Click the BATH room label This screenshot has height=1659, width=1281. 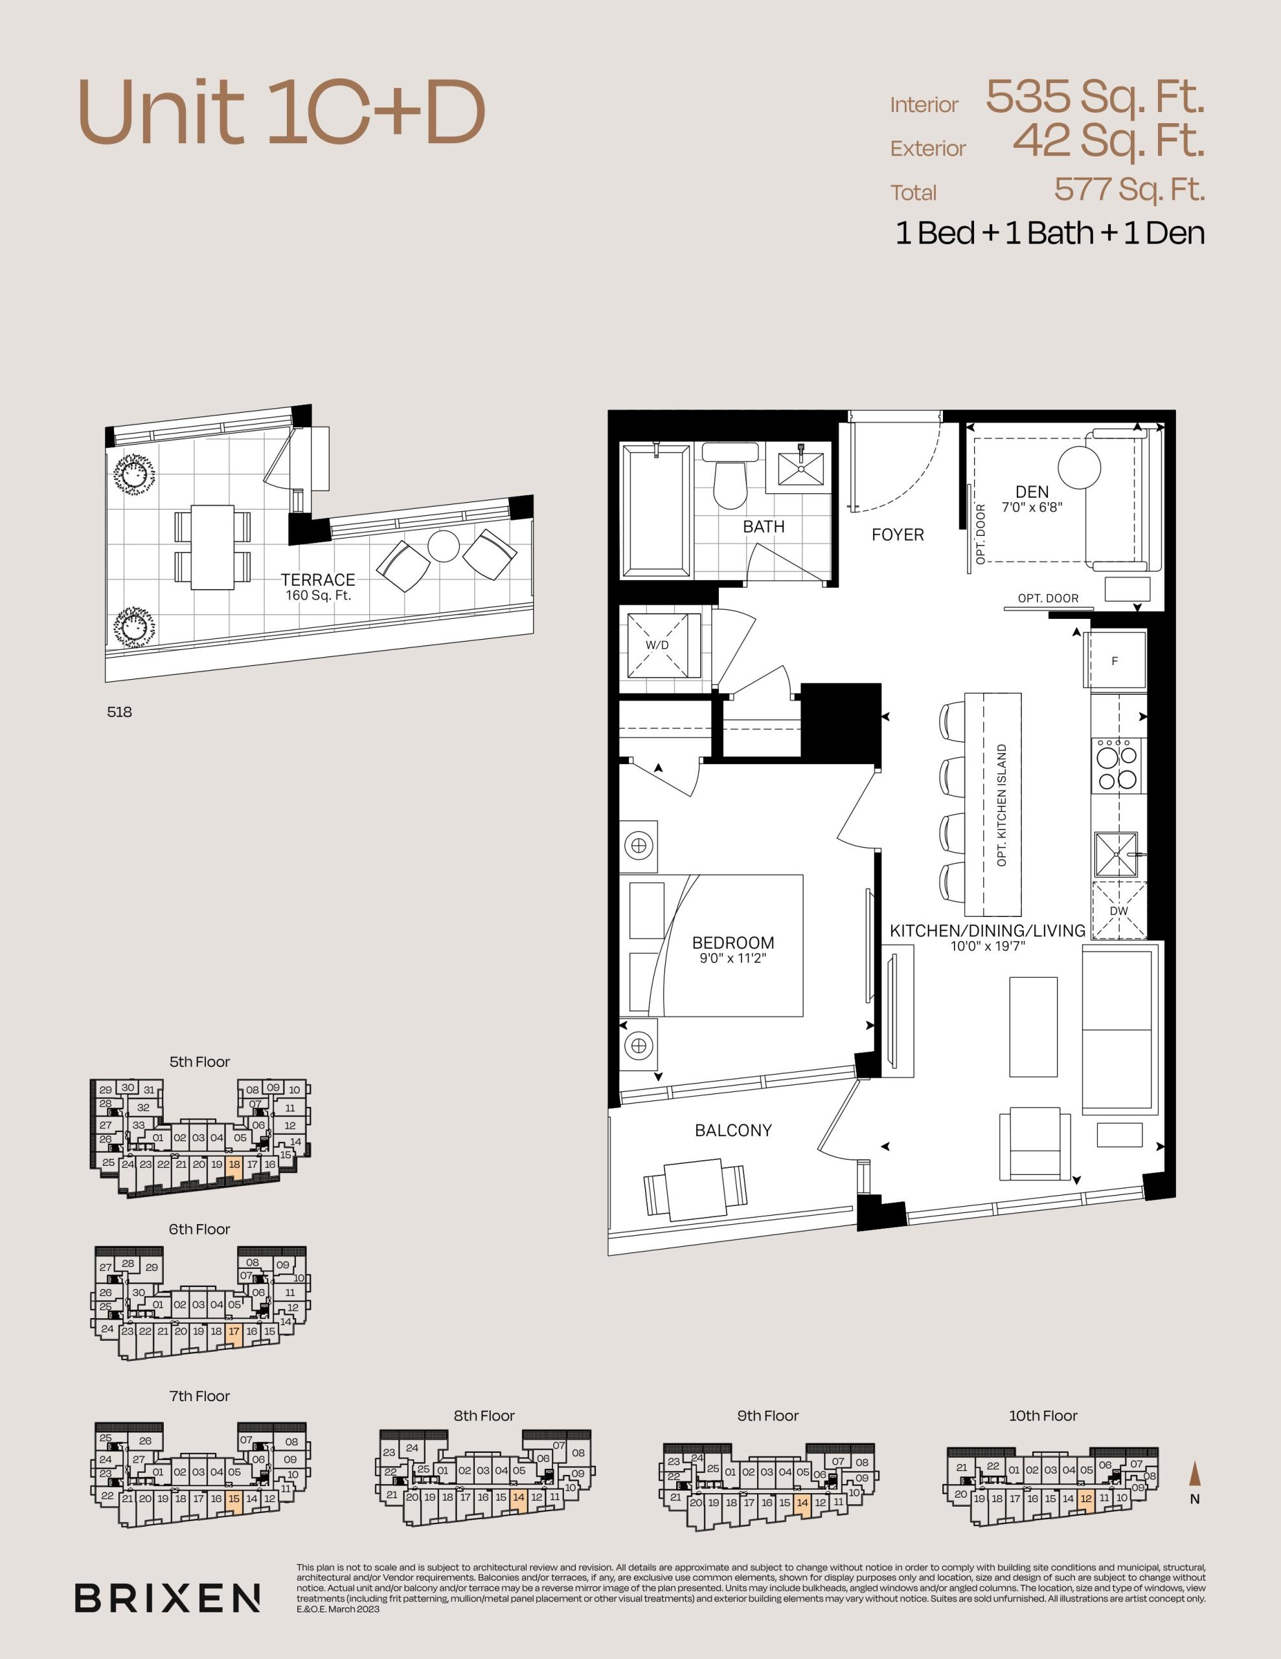point(763,526)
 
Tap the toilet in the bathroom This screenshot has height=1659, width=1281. point(730,476)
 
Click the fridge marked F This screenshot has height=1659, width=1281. point(1115,660)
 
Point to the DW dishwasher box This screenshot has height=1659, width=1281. point(1118,910)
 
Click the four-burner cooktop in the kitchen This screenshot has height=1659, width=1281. point(1118,766)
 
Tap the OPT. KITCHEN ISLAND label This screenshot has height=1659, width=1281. point(1002,805)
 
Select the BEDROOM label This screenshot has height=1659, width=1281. point(732,943)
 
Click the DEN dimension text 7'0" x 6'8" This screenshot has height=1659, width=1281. point(1031,507)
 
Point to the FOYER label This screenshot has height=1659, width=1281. point(898,535)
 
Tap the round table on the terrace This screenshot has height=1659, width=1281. point(444,546)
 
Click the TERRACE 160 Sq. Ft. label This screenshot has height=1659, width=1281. point(318,587)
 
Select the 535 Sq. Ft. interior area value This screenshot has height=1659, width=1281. point(1095,97)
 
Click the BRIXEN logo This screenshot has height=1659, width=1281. point(167,1598)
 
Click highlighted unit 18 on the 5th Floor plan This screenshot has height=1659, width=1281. point(234,1168)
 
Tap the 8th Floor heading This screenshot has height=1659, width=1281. point(484,1416)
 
